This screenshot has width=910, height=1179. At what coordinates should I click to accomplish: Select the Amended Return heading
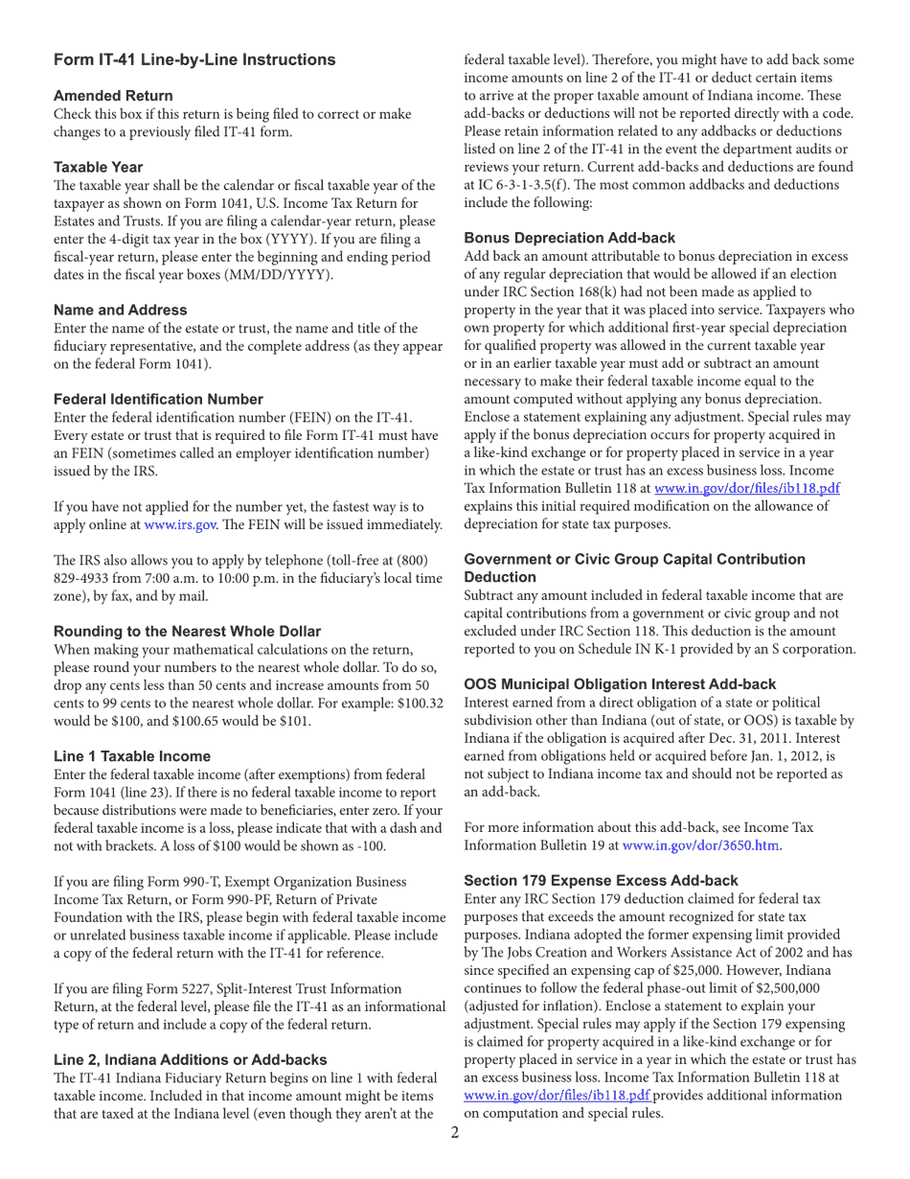point(113,96)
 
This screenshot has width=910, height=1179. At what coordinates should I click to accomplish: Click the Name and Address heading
point(121,310)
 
